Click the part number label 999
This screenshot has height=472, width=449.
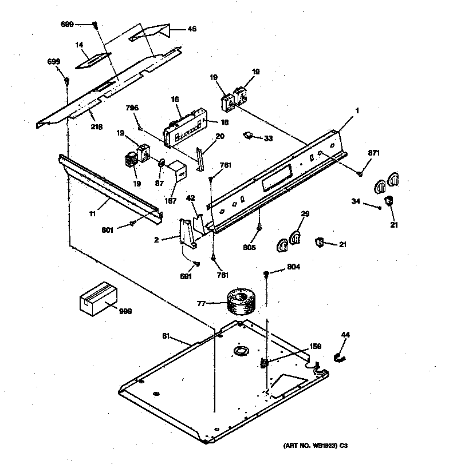[125, 311]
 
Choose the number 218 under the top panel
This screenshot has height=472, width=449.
[96, 126]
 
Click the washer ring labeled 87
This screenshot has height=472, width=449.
[162, 164]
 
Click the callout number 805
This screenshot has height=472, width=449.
[248, 248]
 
